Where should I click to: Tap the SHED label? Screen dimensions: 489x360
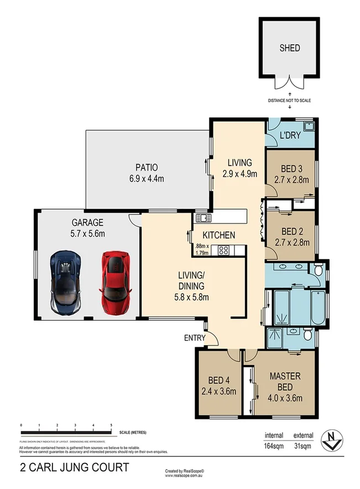[x=290, y=48]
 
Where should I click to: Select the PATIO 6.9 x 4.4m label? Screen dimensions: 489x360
[x=147, y=172]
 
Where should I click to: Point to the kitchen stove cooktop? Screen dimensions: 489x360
[x=224, y=249]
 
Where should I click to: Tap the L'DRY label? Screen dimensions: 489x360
[x=289, y=136]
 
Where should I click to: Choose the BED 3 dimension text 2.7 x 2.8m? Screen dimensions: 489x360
[x=291, y=179]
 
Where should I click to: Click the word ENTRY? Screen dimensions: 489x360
[x=194, y=337]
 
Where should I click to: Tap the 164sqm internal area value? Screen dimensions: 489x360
[x=273, y=445]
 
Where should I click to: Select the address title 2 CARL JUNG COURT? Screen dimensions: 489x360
[x=75, y=468]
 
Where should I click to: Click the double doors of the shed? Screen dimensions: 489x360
[x=290, y=83]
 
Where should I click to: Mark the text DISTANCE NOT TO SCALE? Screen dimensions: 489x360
[x=290, y=100]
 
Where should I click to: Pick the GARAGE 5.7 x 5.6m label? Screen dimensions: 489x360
[x=87, y=228]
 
